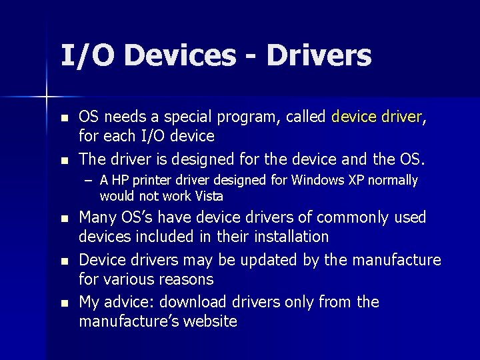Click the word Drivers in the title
tap(319, 55)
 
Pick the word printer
tap(150, 180)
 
